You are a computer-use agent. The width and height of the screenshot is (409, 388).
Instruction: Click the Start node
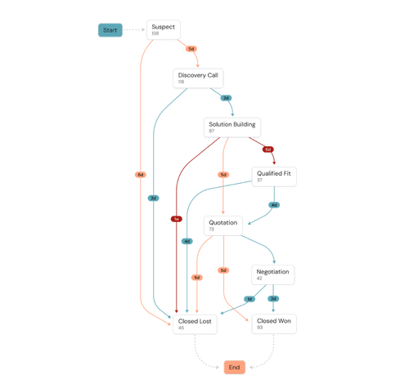click(110, 30)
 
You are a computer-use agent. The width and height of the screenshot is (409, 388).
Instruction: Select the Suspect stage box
click(163, 30)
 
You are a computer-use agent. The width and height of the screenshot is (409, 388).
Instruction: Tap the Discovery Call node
click(198, 78)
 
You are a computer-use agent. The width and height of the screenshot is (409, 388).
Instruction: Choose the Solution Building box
click(231, 127)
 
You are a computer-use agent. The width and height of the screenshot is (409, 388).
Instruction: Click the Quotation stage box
click(223, 225)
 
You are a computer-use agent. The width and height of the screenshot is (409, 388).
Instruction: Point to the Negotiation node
click(273, 274)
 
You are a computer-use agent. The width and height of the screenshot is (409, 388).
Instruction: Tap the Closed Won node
click(273, 323)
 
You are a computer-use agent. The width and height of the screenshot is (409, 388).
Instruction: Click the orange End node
click(234, 368)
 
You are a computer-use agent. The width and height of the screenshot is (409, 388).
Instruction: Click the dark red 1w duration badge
click(176, 218)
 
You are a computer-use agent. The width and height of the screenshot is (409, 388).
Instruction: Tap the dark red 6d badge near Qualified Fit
click(267, 149)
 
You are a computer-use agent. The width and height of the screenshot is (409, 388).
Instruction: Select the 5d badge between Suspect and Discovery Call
click(190, 49)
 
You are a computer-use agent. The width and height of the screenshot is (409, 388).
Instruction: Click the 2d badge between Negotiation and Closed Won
click(275, 298)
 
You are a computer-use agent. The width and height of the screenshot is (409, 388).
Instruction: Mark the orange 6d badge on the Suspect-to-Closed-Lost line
click(141, 174)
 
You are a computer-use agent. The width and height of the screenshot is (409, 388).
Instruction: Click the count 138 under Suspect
click(155, 33)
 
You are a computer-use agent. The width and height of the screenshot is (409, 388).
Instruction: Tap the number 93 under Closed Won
click(260, 328)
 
